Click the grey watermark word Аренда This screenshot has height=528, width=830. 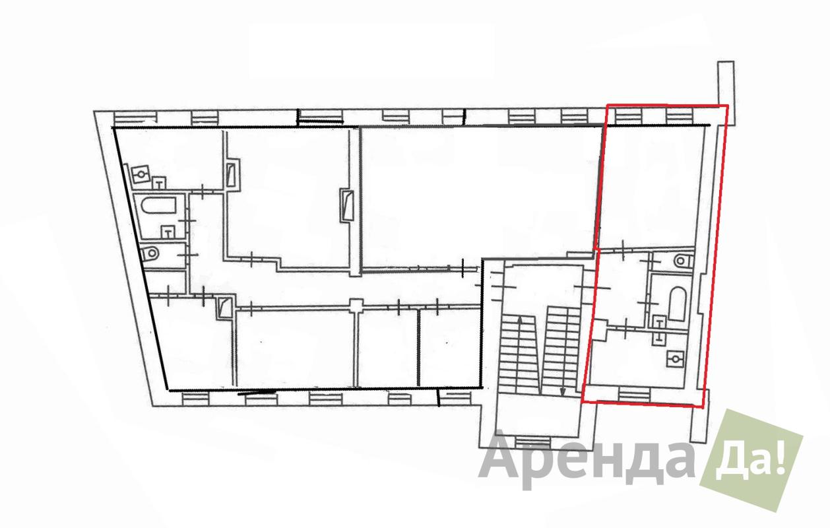point(587,461)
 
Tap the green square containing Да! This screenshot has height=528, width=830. point(751,460)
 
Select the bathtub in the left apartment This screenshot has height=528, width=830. point(159,205)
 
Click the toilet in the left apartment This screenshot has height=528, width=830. point(151,253)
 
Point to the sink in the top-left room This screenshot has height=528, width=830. point(140,174)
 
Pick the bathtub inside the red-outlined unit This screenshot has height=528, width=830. point(678,304)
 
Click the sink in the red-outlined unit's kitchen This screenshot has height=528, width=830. point(675,359)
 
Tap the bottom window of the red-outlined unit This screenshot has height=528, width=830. point(634,394)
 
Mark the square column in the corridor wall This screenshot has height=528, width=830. point(356,305)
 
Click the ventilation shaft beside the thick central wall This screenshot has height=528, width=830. point(346,206)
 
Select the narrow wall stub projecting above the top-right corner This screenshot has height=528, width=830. point(726,92)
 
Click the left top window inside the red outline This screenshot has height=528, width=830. point(628,115)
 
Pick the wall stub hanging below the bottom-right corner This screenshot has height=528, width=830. point(699,416)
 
